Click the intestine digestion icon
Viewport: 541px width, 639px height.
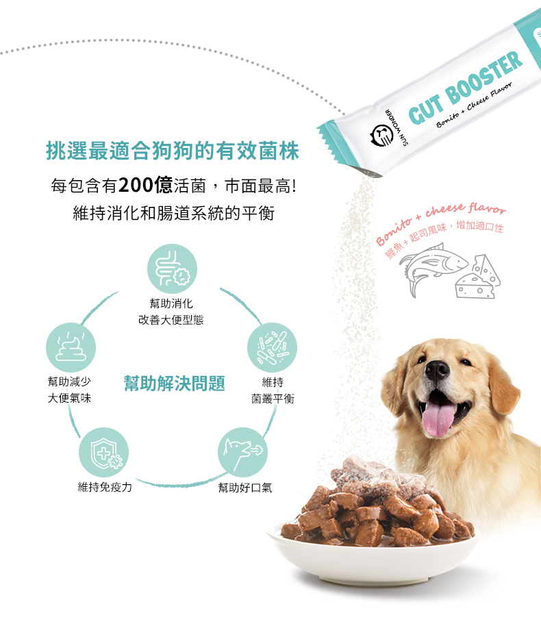[x=172, y=268]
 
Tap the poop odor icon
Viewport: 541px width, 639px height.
[x=71, y=347]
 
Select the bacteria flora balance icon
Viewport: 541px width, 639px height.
[x=272, y=347]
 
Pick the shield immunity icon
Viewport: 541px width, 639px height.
[x=103, y=452]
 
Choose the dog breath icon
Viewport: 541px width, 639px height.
[x=242, y=452]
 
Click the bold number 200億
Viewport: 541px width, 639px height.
[x=145, y=186]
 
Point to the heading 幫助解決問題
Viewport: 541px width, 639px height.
[x=174, y=384]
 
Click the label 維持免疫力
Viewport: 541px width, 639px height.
[x=105, y=487]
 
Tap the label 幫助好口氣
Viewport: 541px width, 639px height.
[x=245, y=488]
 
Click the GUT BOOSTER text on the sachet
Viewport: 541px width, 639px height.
[x=465, y=88]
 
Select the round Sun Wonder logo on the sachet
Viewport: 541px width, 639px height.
[x=381, y=136]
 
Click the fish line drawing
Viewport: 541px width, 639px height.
[x=433, y=267]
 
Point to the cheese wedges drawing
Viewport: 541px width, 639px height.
[x=478, y=277]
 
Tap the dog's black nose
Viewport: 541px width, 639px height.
[x=437, y=370]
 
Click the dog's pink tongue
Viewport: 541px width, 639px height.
[x=438, y=419]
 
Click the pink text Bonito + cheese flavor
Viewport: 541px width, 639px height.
[x=441, y=222]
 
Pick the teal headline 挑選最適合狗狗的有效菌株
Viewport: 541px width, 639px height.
[x=173, y=151]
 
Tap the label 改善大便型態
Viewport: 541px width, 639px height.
[x=171, y=320]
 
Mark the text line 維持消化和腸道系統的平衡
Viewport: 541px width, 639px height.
[x=174, y=213]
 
